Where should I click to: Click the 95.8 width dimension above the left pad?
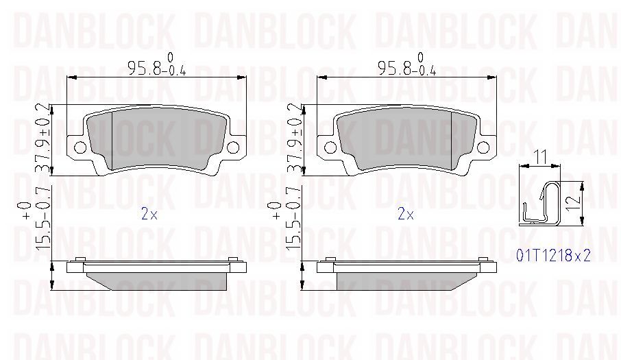click(157, 65)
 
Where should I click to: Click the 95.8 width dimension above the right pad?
click(407, 65)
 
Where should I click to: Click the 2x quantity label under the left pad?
click(149, 214)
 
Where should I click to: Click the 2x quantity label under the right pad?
click(406, 214)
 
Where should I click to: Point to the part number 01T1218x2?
click(553, 256)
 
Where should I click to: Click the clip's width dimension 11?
click(540, 157)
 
